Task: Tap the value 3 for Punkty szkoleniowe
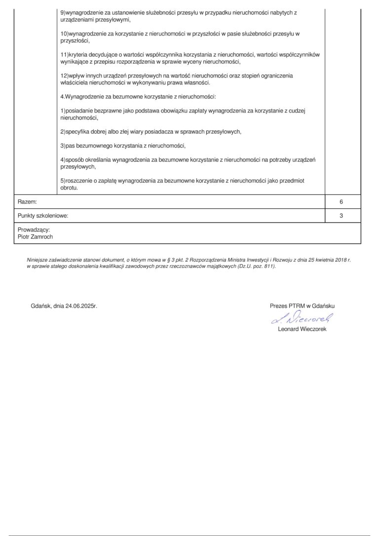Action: (341, 216)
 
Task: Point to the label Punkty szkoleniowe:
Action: (43, 216)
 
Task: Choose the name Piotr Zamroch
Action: (35, 237)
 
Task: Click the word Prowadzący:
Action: (34, 230)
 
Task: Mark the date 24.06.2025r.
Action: (78, 306)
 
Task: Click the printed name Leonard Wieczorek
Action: (302, 329)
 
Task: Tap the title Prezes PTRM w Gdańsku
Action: (302, 306)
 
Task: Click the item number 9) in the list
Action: (63, 11)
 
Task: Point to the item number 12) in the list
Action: (64, 76)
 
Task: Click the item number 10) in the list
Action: (64, 34)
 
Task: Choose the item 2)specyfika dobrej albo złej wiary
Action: (151, 132)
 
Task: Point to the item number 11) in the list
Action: (64, 54)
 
